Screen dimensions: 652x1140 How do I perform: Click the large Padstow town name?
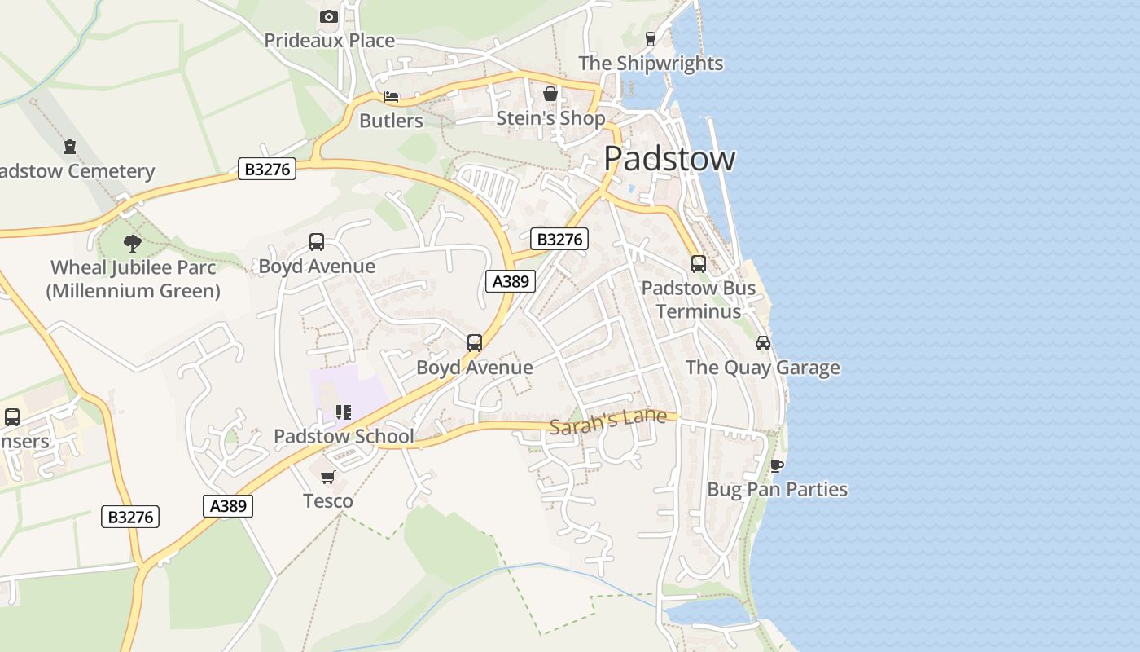pos(669,158)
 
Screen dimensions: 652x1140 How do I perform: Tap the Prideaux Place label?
pos(329,40)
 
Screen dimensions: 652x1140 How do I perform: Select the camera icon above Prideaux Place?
pos(328,16)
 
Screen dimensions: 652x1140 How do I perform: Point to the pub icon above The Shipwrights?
pos(650,38)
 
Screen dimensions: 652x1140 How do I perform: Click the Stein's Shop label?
pos(550,118)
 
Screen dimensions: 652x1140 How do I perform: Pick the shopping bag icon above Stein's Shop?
pos(550,94)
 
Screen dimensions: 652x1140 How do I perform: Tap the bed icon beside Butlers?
pos(391,97)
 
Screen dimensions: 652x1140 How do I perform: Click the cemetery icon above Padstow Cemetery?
pos(70,147)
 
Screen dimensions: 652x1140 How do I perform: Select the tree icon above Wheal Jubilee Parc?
pos(133,243)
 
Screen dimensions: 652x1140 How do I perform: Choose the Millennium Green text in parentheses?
pos(133,290)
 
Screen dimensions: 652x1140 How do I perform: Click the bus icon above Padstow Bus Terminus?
pos(698,264)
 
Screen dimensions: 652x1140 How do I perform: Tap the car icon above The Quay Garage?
pos(762,343)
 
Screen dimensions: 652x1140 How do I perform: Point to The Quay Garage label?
pos(762,368)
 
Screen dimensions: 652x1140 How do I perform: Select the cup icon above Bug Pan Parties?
pos(777,465)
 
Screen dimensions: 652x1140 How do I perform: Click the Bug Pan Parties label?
pos(777,490)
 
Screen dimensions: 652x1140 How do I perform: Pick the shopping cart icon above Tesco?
pos(327,477)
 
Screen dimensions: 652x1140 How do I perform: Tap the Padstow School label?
pos(344,436)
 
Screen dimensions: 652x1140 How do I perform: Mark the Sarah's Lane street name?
pos(607,422)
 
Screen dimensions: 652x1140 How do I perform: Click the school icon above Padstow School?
pos(344,412)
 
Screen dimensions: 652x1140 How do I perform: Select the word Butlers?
pos(391,121)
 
